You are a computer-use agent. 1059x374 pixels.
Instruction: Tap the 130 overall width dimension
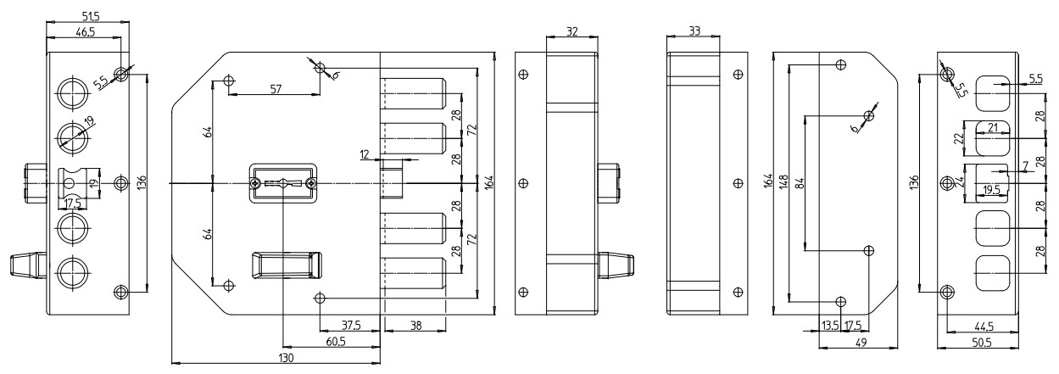[286, 359]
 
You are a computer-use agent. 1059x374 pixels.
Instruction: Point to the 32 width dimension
[571, 31]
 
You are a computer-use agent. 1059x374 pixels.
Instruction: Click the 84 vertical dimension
[799, 181]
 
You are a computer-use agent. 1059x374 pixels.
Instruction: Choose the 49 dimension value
[859, 343]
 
